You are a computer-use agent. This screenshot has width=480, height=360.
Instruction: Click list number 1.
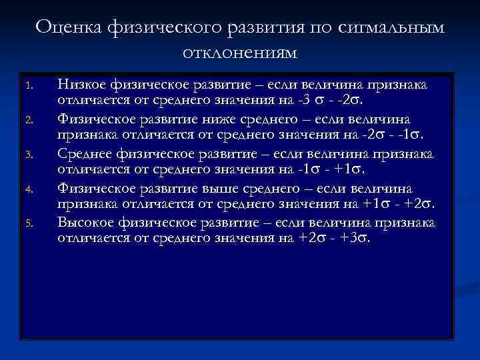(28, 86)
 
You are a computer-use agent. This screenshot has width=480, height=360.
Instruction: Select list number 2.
(28, 121)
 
